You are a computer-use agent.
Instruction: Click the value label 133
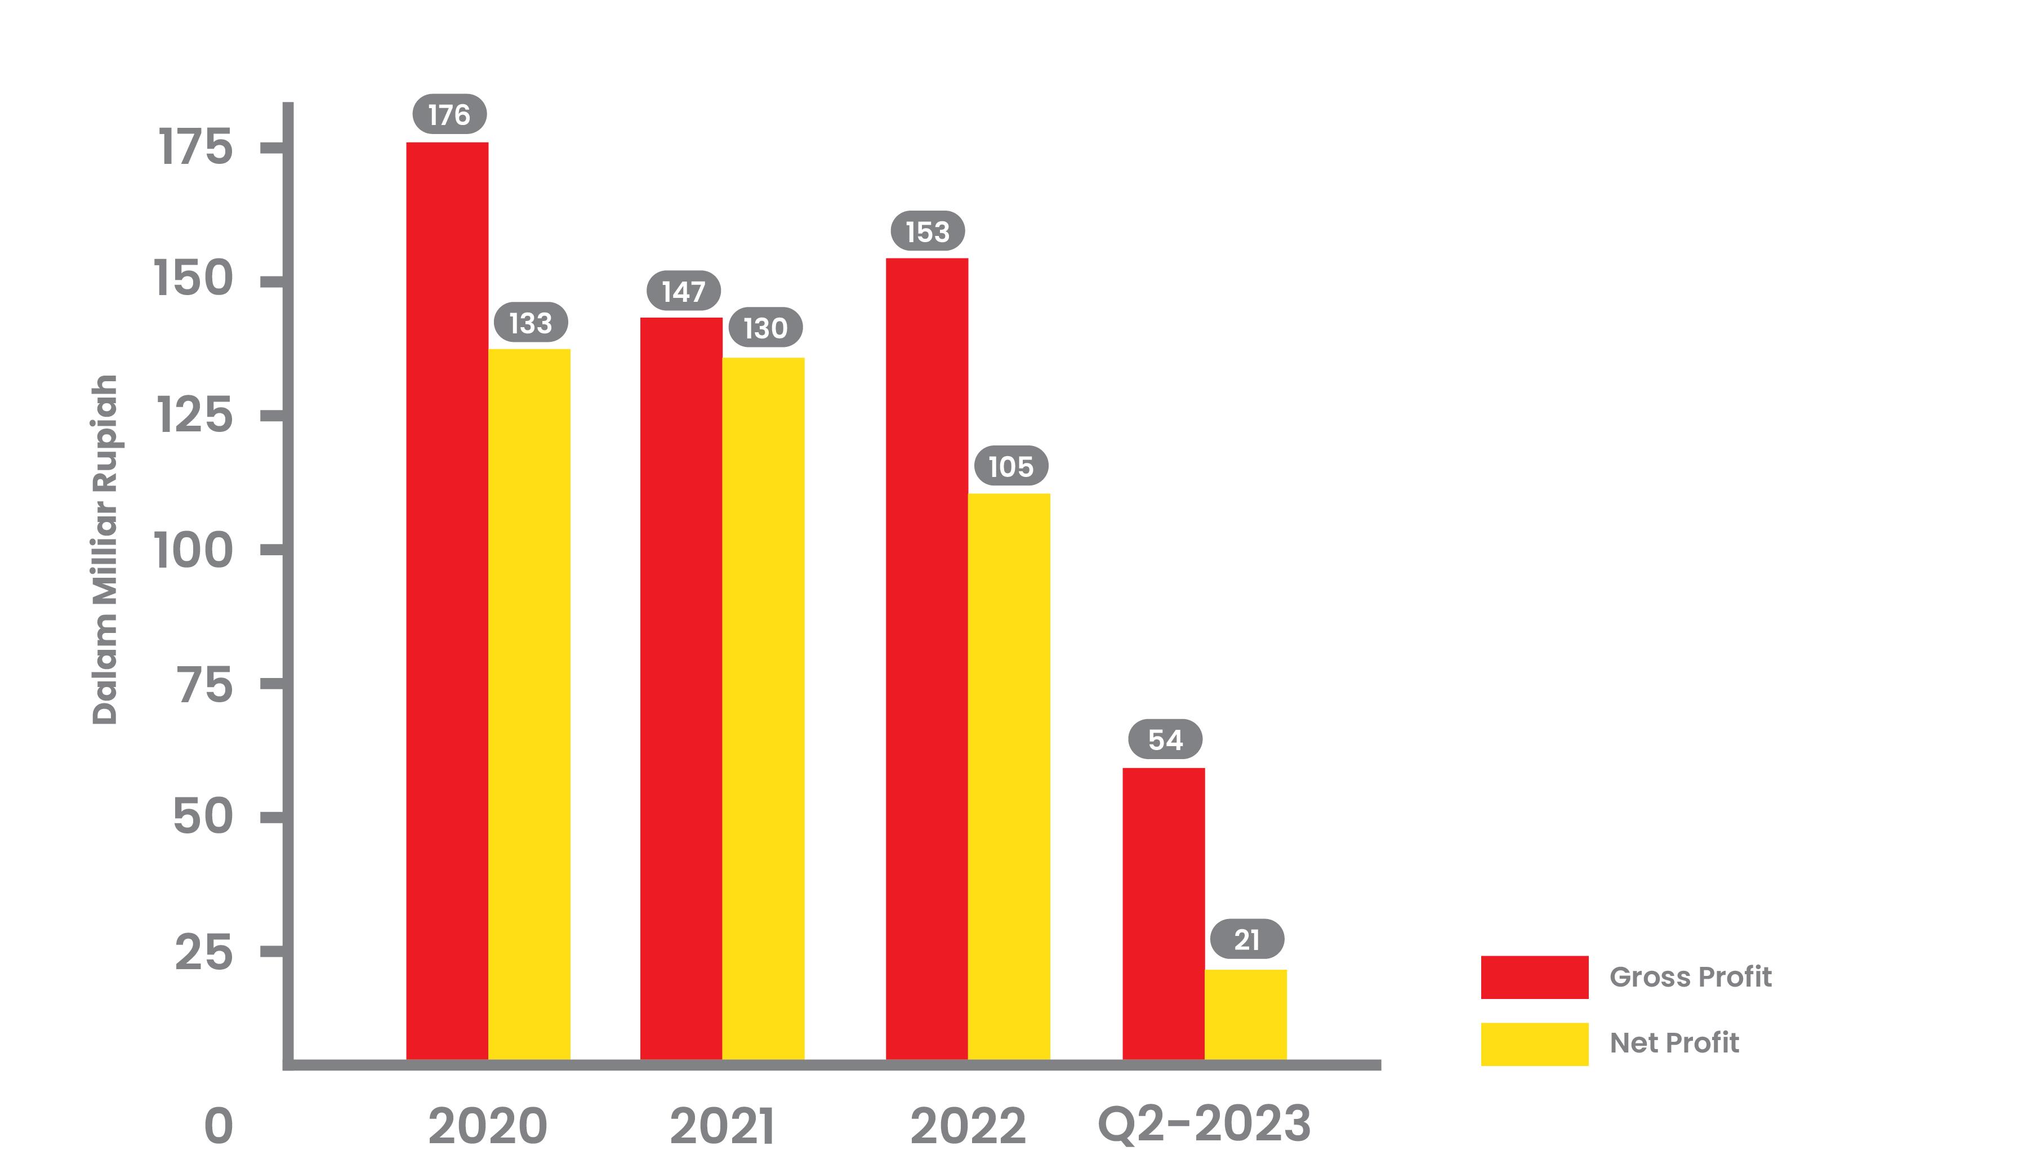(531, 323)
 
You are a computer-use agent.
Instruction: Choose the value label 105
(1011, 466)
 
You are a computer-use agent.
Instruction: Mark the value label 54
(1165, 739)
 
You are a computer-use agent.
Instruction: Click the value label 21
(1247, 939)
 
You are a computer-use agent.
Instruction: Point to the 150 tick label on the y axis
(194, 279)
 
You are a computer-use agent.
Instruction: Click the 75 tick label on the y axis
(206, 685)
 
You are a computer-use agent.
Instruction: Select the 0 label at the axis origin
(219, 1126)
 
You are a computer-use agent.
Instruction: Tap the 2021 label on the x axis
(721, 1126)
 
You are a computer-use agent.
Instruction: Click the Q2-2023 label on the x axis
(1204, 1124)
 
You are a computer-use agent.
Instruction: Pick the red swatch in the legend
(1534, 977)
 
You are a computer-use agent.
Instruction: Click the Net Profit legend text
(1674, 1043)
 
